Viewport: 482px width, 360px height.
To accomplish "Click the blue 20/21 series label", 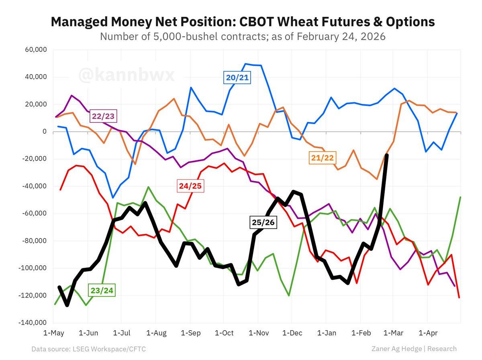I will point(237,77).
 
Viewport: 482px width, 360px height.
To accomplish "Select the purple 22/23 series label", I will point(103,117).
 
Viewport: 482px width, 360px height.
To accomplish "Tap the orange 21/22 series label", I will point(322,158).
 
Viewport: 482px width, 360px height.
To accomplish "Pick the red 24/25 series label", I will point(190,186).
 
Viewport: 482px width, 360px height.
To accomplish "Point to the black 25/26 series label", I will point(263,222).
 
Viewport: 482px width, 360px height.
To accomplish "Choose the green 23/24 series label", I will point(101,290).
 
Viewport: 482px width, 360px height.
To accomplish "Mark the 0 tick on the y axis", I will point(45,132).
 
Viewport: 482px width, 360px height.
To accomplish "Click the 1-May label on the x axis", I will point(53,333).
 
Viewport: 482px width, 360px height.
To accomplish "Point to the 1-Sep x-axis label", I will point(190,333).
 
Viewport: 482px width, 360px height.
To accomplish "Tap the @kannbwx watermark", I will point(127,75).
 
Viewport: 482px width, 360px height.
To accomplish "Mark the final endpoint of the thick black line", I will point(386,155).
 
